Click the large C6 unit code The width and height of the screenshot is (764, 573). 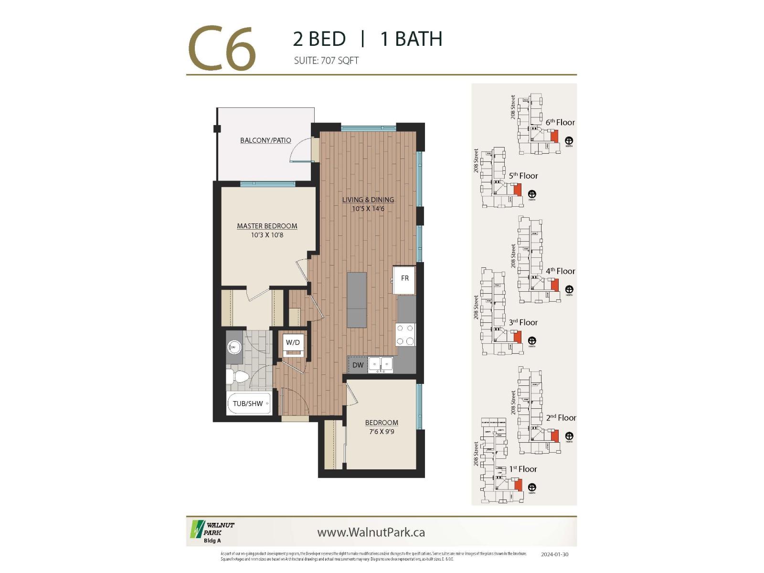pyautogui.click(x=222, y=50)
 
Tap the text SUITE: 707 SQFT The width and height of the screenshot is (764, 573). pyautogui.click(x=326, y=61)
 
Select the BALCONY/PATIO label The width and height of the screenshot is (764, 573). pyautogui.click(x=265, y=140)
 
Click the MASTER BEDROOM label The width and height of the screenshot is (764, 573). pyautogui.click(x=267, y=226)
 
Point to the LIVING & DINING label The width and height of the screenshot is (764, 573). pyautogui.click(x=368, y=200)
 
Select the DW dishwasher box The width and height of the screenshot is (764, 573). pyautogui.click(x=358, y=365)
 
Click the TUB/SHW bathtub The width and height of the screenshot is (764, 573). pyautogui.click(x=248, y=404)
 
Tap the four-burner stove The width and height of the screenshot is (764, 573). pyautogui.click(x=405, y=334)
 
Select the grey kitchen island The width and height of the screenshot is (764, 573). pyautogui.click(x=357, y=300)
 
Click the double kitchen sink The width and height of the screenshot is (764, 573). pyautogui.click(x=381, y=364)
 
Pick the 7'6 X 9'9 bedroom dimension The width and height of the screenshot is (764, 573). pyautogui.click(x=382, y=432)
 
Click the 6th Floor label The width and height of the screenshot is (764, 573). pyautogui.click(x=560, y=123)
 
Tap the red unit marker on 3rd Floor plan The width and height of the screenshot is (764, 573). pyautogui.click(x=517, y=337)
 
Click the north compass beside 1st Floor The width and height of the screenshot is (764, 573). pyautogui.click(x=532, y=488)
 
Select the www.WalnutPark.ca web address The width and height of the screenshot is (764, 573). pyautogui.click(x=371, y=532)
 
